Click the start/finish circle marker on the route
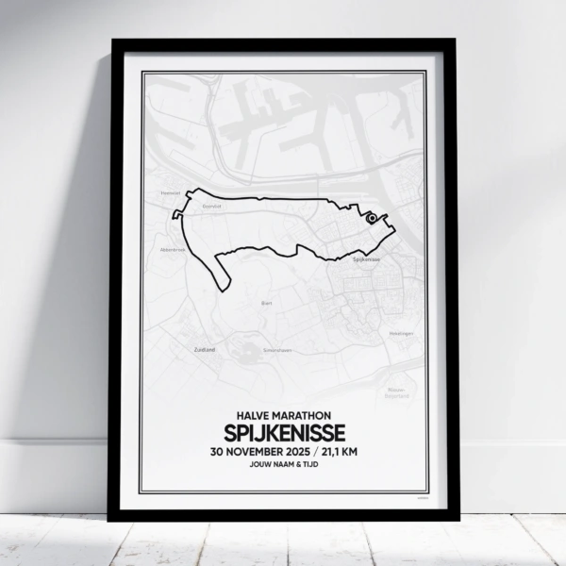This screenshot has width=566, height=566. point(372,218)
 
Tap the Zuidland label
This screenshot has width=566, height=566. point(204,349)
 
